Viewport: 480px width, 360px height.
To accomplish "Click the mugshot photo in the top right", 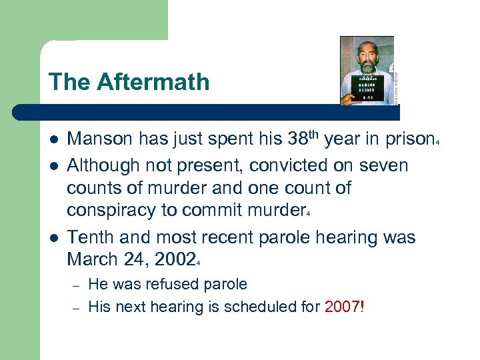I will (367, 70).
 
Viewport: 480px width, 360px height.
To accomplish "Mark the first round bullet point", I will (53, 139).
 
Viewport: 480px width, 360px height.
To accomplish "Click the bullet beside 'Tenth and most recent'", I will (53, 237).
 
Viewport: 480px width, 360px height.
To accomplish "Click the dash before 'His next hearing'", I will (77, 308).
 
